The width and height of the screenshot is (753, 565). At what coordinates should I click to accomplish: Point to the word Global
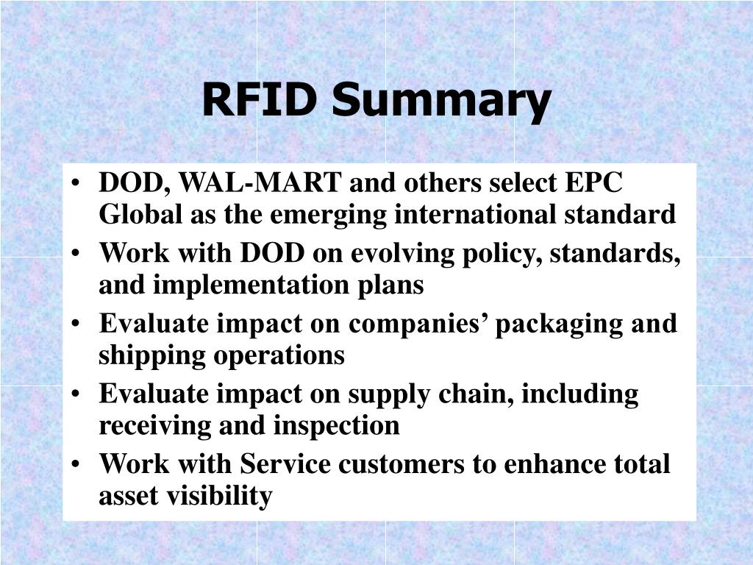coord(134,214)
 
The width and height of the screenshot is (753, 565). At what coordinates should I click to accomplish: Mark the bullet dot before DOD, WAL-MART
coord(78,182)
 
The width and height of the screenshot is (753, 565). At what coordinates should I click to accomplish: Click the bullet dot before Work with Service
coord(78,465)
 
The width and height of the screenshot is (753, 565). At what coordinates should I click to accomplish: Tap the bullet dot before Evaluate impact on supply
coord(78,394)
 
